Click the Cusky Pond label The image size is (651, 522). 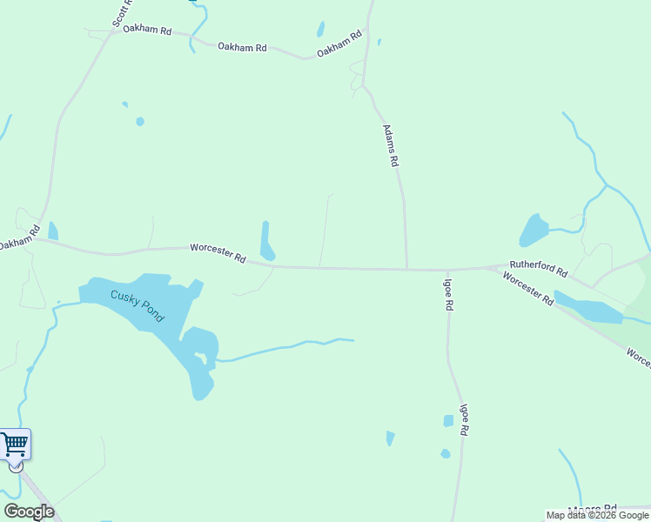pos(137,306)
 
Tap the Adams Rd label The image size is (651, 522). pos(391,145)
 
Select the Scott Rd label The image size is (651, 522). pos(121,12)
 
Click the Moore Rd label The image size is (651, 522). pos(592,509)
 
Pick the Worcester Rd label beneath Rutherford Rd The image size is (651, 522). pos(528,289)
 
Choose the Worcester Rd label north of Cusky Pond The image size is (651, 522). pos(218,253)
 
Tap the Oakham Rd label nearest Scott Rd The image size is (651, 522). pos(146,30)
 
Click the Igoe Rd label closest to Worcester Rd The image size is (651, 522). pos(448,295)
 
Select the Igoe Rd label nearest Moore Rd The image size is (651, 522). pos(465,419)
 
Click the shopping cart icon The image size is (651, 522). pos(15,445)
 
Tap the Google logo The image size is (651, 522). pos(29,512)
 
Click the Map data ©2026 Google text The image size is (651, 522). pos(598,515)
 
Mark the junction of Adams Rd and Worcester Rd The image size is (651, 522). pos(406,269)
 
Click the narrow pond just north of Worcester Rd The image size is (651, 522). pos(266,241)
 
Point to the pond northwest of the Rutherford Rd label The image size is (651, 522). pos(534,231)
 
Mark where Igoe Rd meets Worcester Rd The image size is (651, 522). pos(446,270)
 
